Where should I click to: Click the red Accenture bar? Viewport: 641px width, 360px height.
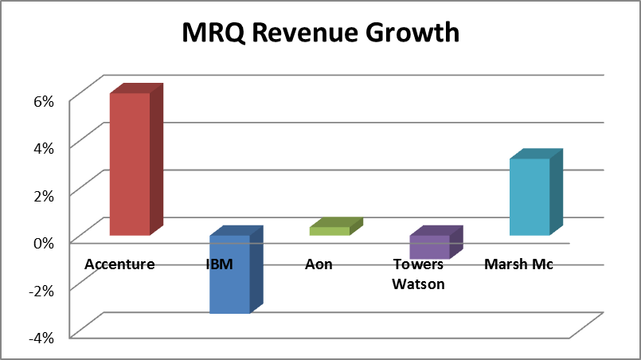129,163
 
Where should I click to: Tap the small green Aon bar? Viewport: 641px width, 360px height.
329,230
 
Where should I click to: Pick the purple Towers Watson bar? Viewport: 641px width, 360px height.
429,247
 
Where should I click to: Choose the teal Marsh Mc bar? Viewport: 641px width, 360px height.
530,197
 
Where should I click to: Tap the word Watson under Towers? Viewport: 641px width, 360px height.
418,283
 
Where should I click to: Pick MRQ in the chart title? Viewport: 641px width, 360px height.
212,33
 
